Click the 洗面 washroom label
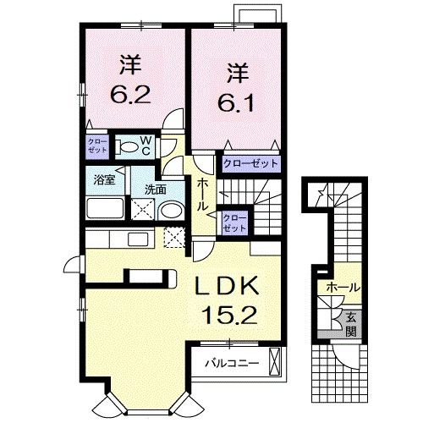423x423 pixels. (x=153, y=190)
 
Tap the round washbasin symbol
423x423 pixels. (x=169, y=211)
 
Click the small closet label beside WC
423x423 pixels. (x=96, y=144)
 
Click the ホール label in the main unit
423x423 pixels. (x=203, y=195)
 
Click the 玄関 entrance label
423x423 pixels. (x=351, y=325)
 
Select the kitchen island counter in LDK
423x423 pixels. (x=148, y=276)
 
